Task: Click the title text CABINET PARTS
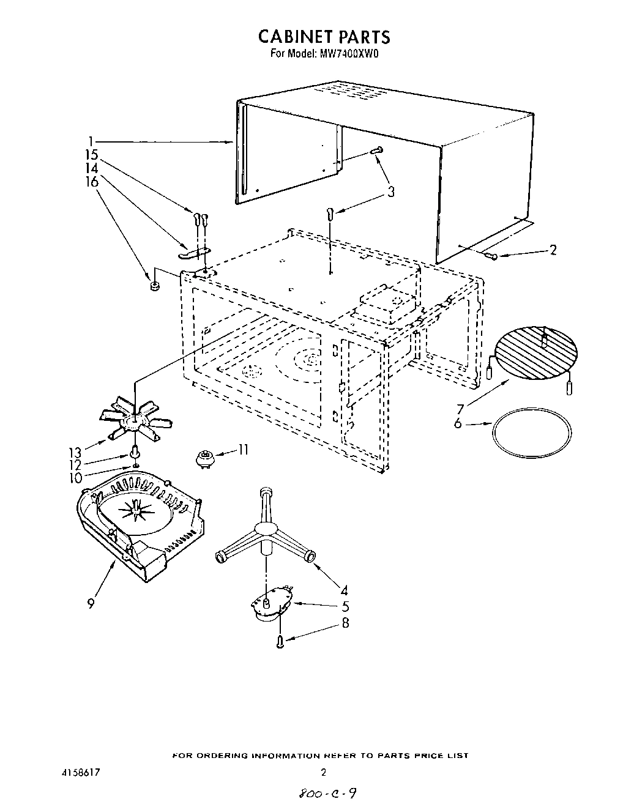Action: pyautogui.click(x=324, y=36)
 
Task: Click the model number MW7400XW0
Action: pyautogui.click(x=351, y=53)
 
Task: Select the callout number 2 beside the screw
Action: pyautogui.click(x=553, y=250)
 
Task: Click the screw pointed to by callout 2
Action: pyautogui.click(x=492, y=256)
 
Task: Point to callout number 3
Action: pyautogui.click(x=390, y=192)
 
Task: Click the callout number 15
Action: pyautogui.click(x=91, y=155)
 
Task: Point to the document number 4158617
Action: pyautogui.click(x=77, y=773)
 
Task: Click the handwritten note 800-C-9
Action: pyautogui.click(x=325, y=794)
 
